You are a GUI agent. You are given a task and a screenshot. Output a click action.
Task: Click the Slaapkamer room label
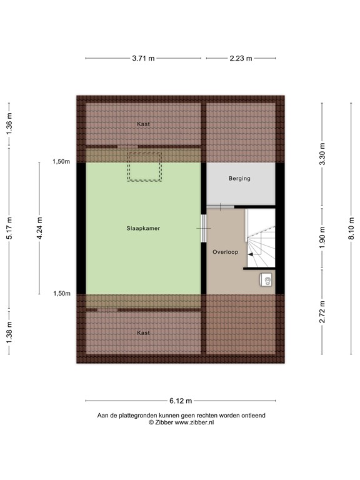click(x=143, y=228)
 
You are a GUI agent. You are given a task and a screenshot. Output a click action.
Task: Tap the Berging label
click(x=239, y=178)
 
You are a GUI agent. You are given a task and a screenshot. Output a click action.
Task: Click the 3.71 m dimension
click(x=143, y=58)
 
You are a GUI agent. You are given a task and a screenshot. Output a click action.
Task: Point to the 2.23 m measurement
click(x=241, y=58)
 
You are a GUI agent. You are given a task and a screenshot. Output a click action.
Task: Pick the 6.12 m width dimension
click(x=181, y=401)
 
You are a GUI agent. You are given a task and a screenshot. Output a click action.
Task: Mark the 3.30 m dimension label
click(x=322, y=154)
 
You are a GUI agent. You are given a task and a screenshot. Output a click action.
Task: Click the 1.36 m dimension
click(x=9, y=124)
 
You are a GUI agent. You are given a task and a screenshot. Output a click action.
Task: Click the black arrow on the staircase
click(x=251, y=254)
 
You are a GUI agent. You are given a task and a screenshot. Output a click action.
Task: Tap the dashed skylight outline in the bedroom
click(x=145, y=166)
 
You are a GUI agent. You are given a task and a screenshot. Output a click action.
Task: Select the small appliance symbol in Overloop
click(x=267, y=281)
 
